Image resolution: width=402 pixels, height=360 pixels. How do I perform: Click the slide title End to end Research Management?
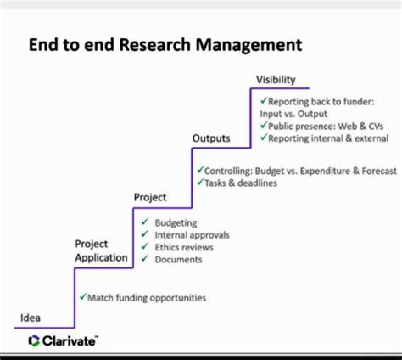click(165, 43)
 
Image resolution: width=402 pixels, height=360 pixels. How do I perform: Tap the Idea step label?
click(31, 318)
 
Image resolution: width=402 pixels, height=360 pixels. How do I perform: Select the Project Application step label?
click(101, 250)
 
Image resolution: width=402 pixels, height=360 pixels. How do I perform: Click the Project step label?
click(150, 197)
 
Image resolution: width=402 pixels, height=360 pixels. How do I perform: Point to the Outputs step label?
click(211, 138)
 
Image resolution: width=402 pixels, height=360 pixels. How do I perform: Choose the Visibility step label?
click(276, 80)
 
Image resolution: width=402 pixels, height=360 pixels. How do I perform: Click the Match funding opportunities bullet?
click(147, 298)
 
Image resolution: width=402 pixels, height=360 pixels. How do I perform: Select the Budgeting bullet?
click(176, 222)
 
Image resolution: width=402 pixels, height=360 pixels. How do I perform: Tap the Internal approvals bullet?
click(192, 235)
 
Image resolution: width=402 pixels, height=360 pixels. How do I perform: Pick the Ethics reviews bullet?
click(184, 247)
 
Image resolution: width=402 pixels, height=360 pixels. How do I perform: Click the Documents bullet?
click(179, 259)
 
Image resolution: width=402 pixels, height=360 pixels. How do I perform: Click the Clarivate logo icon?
click(34, 341)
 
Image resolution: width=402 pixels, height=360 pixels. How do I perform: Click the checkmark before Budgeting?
click(145, 222)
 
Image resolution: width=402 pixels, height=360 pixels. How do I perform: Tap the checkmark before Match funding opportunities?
click(82, 298)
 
